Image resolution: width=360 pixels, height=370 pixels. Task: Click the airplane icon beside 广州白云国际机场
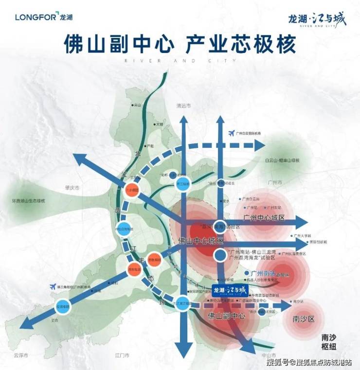[x=230, y=133]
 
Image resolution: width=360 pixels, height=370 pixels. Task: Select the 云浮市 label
[x=19, y=356]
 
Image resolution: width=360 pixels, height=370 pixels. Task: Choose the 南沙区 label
[x=305, y=319]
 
